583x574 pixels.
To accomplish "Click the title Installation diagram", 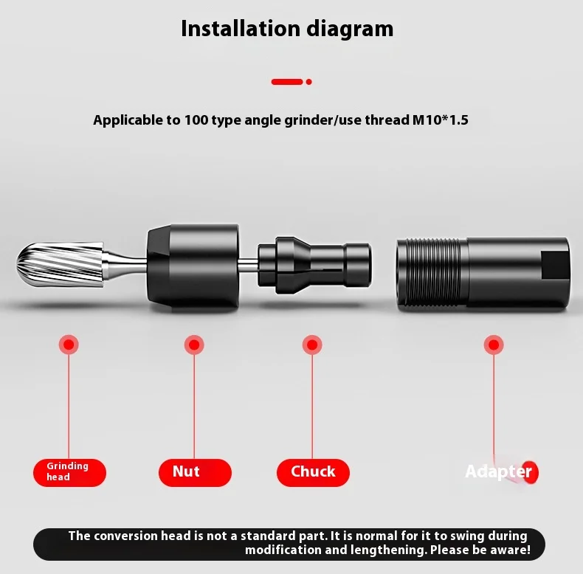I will (x=287, y=29).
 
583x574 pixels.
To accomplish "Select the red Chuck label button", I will (x=313, y=472).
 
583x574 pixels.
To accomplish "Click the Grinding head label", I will (x=69, y=472).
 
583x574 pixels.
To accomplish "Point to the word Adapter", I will (x=498, y=471).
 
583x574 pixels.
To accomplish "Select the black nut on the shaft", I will (x=193, y=265).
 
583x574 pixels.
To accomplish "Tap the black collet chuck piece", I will (x=314, y=265).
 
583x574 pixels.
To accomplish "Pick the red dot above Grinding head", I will (x=69, y=344).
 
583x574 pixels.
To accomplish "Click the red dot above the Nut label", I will (x=194, y=344).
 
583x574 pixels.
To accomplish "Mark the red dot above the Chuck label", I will (x=312, y=344).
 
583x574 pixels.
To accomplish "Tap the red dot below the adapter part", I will (x=494, y=344).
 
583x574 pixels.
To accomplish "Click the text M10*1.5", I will (x=440, y=120).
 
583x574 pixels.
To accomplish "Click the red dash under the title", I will (x=287, y=81).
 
